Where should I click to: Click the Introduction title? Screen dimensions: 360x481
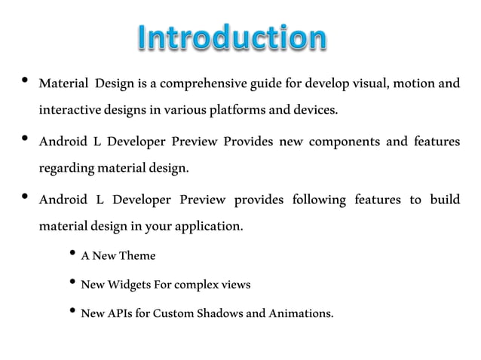(x=233, y=38)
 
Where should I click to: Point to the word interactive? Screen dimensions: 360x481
(x=70, y=111)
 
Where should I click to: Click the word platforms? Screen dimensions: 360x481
(x=236, y=111)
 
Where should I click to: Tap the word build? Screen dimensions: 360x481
(x=445, y=200)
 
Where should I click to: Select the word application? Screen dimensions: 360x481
(x=210, y=227)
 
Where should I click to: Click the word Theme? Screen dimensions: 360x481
(x=139, y=256)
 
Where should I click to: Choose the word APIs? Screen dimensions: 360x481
(x=119, y=313)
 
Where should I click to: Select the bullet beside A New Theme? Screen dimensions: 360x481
(x=72, y=254)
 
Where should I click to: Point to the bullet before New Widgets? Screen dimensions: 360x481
(x=72, y=282)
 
